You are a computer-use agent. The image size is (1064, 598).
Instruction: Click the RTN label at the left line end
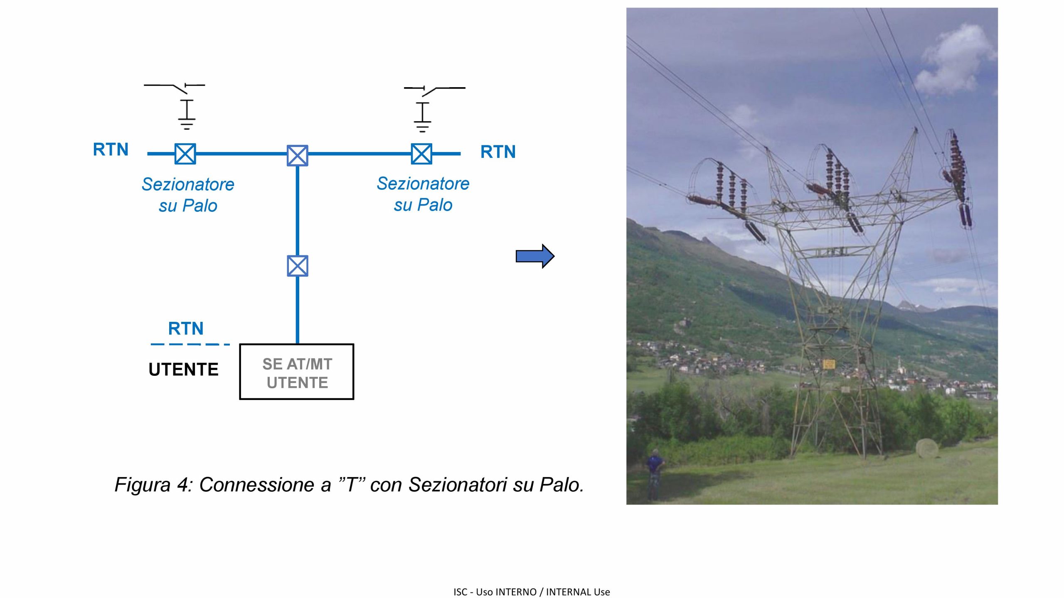tap(111, 149)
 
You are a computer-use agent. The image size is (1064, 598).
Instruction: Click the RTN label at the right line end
tap(498, 152)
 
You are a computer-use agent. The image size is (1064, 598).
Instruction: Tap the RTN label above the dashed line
tap(186, 328)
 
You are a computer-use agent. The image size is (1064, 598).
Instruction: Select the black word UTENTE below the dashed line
tap(183, 369)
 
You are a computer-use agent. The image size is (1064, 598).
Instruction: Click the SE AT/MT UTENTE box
tap(297, 372)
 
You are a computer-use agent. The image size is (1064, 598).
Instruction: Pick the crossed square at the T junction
tap(298, 156)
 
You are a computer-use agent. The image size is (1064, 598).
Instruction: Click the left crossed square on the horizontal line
tap(185, 154)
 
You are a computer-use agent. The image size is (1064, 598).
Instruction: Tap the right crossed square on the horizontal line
tap(421, 154)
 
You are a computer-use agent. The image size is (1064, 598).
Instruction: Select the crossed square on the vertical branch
tap(298, 266)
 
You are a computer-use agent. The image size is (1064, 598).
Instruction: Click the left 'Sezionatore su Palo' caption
tap(188, 195)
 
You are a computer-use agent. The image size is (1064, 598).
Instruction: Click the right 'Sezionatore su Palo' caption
tap(423, 194)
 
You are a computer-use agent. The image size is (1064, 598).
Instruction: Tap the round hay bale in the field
tap(927, 448)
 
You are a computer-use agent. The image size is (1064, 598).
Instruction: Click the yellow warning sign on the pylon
tap(829, 364)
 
